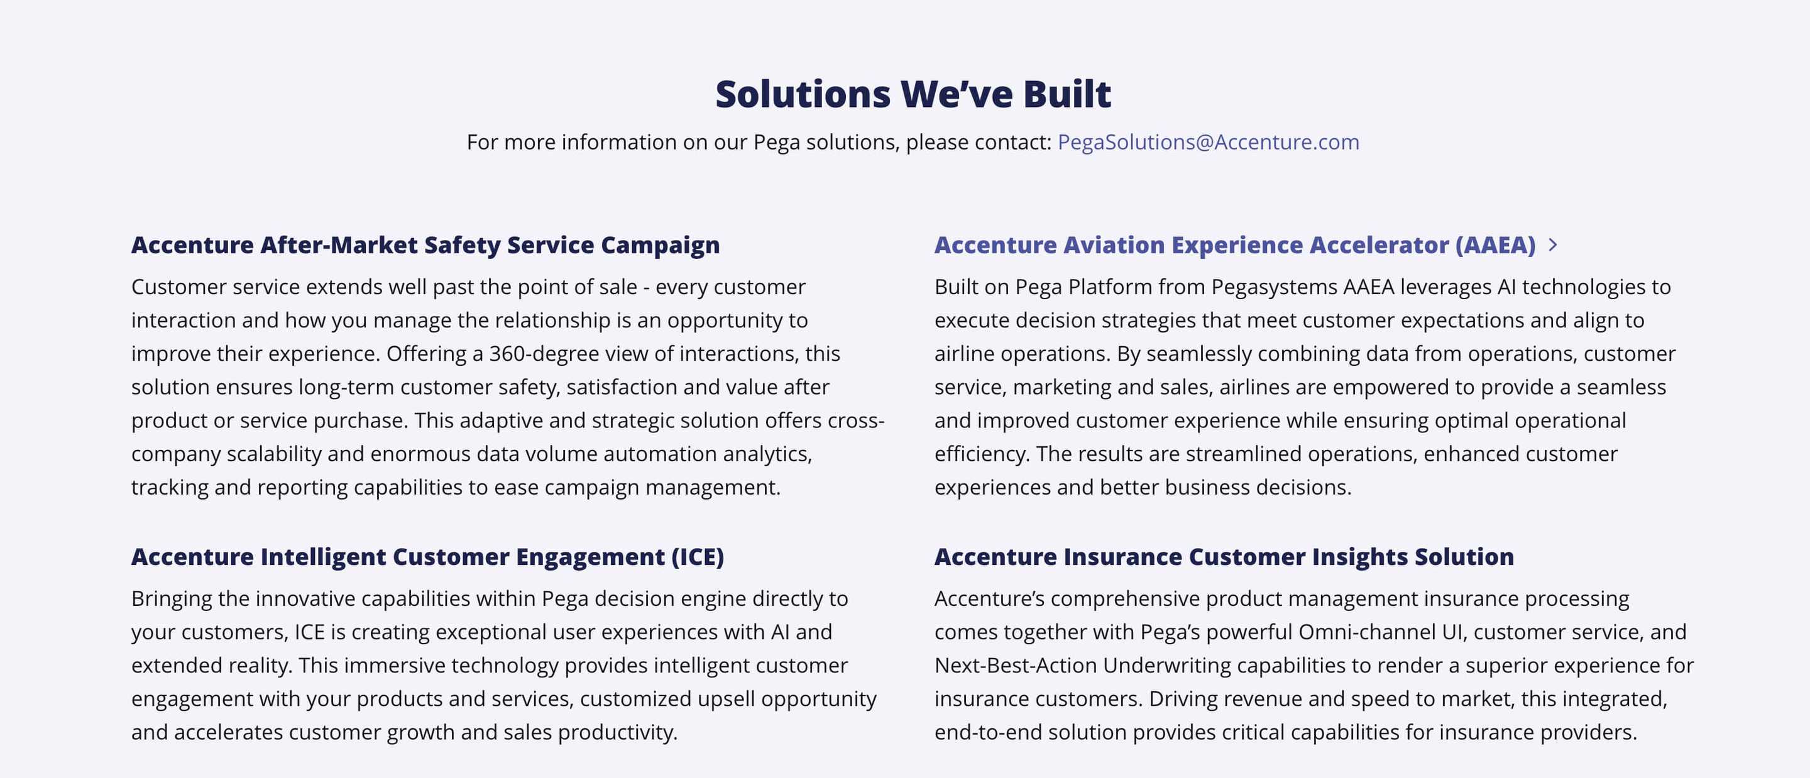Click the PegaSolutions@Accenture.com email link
click(1208, 142)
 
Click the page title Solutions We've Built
click(913, 94)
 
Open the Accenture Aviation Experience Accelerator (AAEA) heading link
click(1234, 244)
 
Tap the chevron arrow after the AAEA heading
click(1553, 244)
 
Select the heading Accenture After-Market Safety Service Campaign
click(425, 244)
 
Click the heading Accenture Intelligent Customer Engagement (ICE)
click(427, 557)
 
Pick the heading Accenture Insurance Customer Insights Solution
click(1224, 557)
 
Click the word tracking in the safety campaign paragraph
click(170, 488)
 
